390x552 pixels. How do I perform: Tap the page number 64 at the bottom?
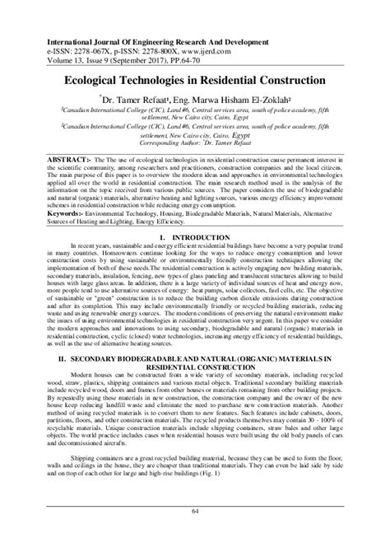[x=195, y=535]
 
